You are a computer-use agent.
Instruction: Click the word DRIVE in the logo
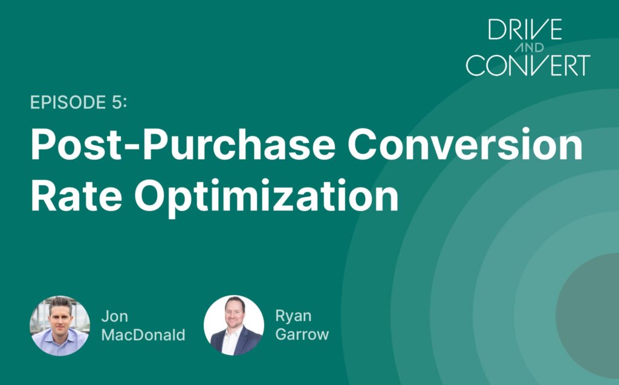click(525, 29)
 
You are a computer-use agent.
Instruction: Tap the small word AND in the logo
click(530, 48)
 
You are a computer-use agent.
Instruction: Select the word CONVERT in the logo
click(528, 65)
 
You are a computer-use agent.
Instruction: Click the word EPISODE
click(68, 103)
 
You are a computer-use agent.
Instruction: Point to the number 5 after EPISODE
click(117, 103)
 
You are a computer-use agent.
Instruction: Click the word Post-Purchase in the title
click(183, 144)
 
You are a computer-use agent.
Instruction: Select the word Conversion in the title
click(465, 144)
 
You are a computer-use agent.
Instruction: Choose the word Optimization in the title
click(267, 197)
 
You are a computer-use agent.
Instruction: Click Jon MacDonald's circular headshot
click(60, 325)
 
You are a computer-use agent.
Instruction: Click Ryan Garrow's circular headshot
click(234, 325)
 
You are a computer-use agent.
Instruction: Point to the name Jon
click(114, 316)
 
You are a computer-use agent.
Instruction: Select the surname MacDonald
click(143, 335)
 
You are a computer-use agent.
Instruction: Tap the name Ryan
click(293, 317)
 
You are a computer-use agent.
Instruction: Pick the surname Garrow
click(302, 334)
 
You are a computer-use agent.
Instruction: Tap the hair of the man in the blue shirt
click(60, 303)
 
